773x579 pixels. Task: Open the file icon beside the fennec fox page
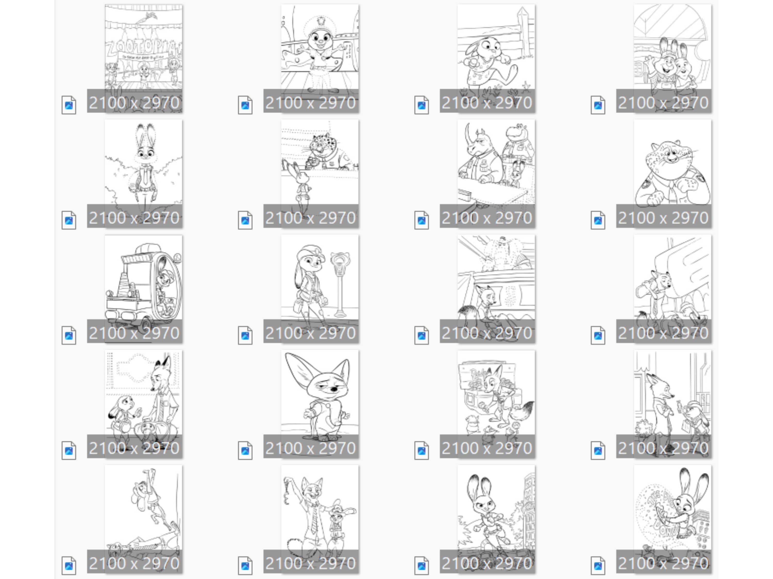pos(245,450)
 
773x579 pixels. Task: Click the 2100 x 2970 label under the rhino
pos(487,217)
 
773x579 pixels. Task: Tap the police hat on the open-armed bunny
pos(320,24)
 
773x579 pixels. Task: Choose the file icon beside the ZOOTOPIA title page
pos(69,105)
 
